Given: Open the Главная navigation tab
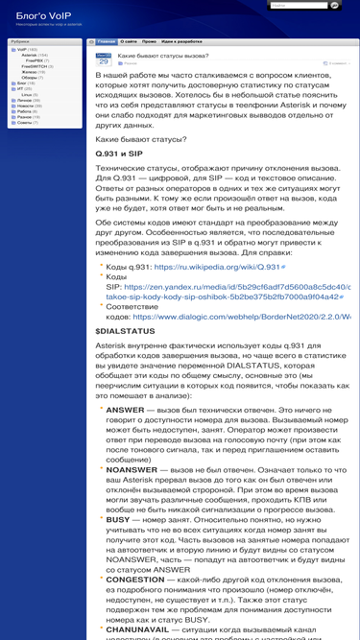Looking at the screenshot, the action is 107,42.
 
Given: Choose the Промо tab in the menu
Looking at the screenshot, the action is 149,42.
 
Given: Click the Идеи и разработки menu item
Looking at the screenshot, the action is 181,42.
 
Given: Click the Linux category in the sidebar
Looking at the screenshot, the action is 26,94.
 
